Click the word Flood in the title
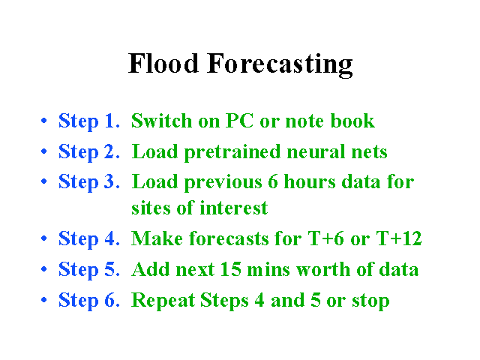point(163,63)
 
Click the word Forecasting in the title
point(280,64)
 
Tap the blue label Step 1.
point(88,121)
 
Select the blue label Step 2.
point(88,151)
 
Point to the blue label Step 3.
point(88,181)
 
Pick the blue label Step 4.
point(88,239)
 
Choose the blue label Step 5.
point(88,270)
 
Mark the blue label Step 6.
point(88,300)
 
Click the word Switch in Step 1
point(162,121)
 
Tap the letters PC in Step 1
point(239,121)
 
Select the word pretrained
point(232,152)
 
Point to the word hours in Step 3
point(310,181)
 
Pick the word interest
point(234,208)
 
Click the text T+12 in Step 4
point(399,238)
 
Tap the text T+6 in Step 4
point(325,238)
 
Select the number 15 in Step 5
point(230,269)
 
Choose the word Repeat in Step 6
point(163,301)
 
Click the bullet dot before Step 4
point(44,238)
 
